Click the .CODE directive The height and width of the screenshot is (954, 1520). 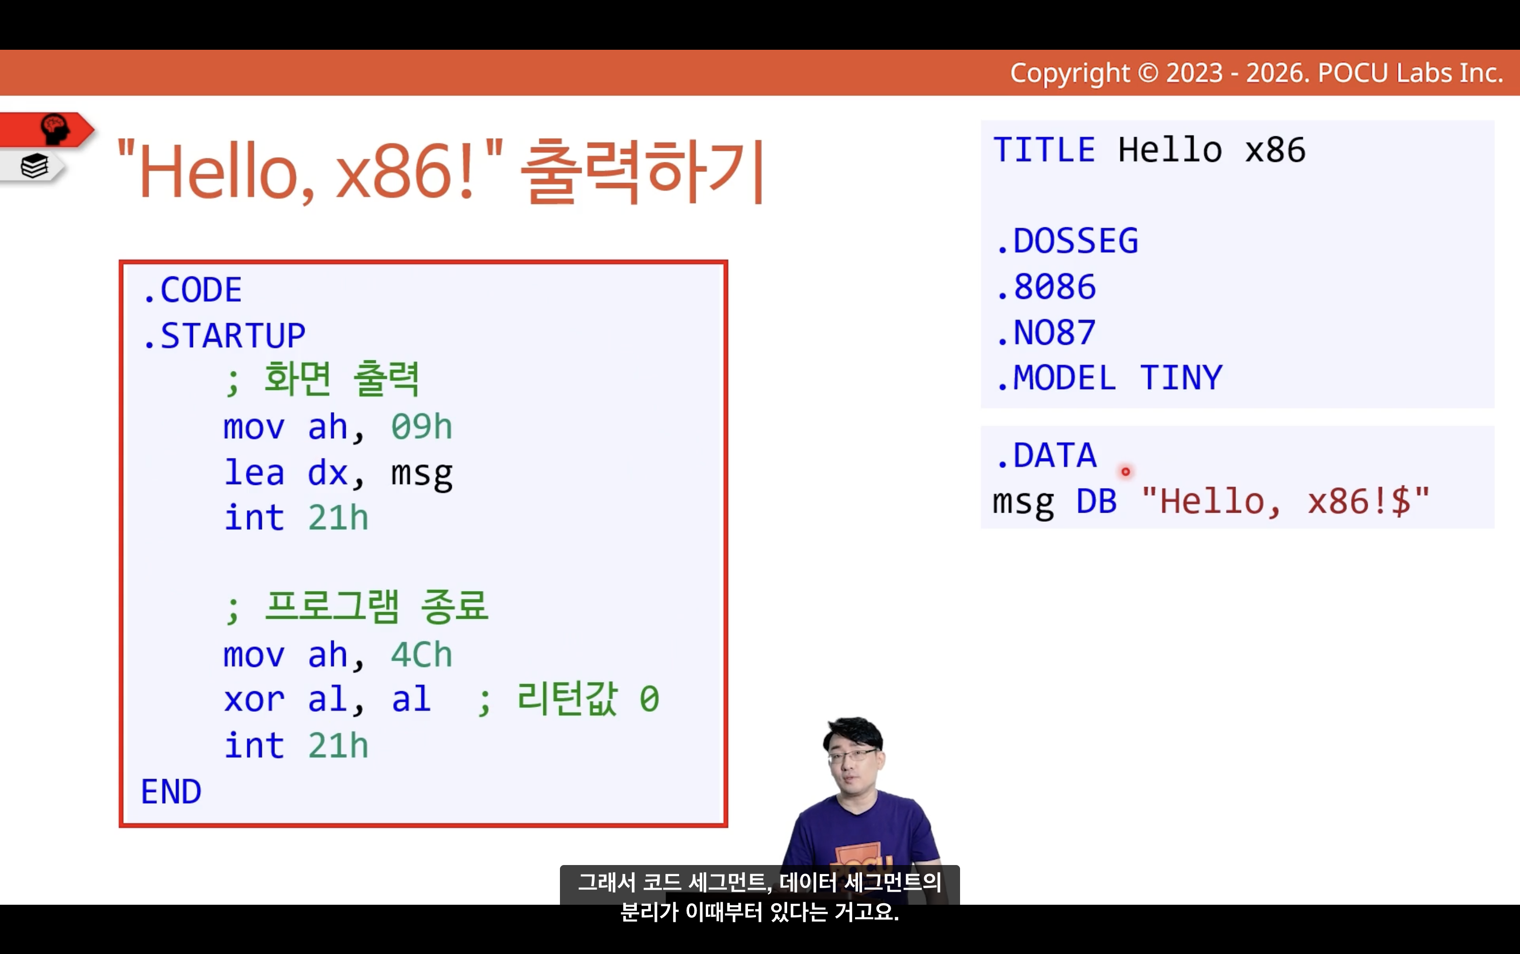coord(192,290)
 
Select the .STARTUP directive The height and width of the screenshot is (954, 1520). coord(224,336)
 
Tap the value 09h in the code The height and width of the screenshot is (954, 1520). coord(422,427)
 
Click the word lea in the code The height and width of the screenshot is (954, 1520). coord(254,472)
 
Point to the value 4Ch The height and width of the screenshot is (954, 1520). coord(422,655)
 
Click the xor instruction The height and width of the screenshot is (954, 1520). coord(254,700)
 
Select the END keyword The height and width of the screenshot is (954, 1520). coord(171,792)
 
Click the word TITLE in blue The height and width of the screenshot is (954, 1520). coord(1044,150)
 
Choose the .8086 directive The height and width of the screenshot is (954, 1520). coord(1046,287)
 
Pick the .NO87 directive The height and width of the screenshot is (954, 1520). coord(1046,333)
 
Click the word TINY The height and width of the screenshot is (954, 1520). coord(1181,378)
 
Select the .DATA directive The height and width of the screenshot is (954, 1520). coord(1046,455)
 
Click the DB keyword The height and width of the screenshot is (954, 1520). coord(1097,502)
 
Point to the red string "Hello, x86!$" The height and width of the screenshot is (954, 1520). coord(1286,502)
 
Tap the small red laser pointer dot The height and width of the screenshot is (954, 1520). coord(1125,471)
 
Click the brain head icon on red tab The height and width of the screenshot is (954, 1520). coord(55,129)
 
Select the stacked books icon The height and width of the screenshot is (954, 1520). coord(35,166)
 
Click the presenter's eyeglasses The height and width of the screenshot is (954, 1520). coord(852,755)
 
